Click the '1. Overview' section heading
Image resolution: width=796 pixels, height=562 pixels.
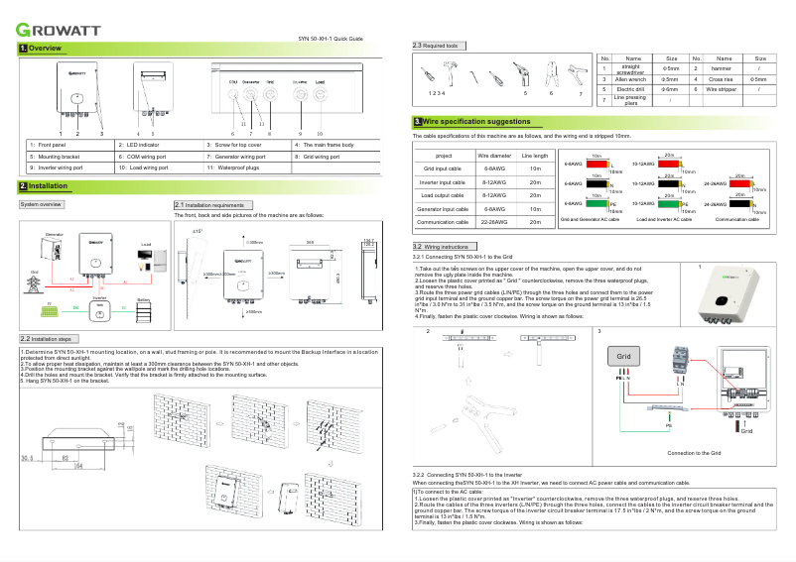point(41,49)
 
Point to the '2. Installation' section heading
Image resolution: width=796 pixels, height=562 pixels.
point(44,186)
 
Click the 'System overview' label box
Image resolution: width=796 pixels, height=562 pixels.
point(43,204)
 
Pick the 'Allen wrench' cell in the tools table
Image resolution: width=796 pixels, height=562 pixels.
point(633,78)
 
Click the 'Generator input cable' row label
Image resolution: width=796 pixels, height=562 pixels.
point(443,209)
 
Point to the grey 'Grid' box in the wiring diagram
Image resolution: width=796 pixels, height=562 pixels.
point(623,355)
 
